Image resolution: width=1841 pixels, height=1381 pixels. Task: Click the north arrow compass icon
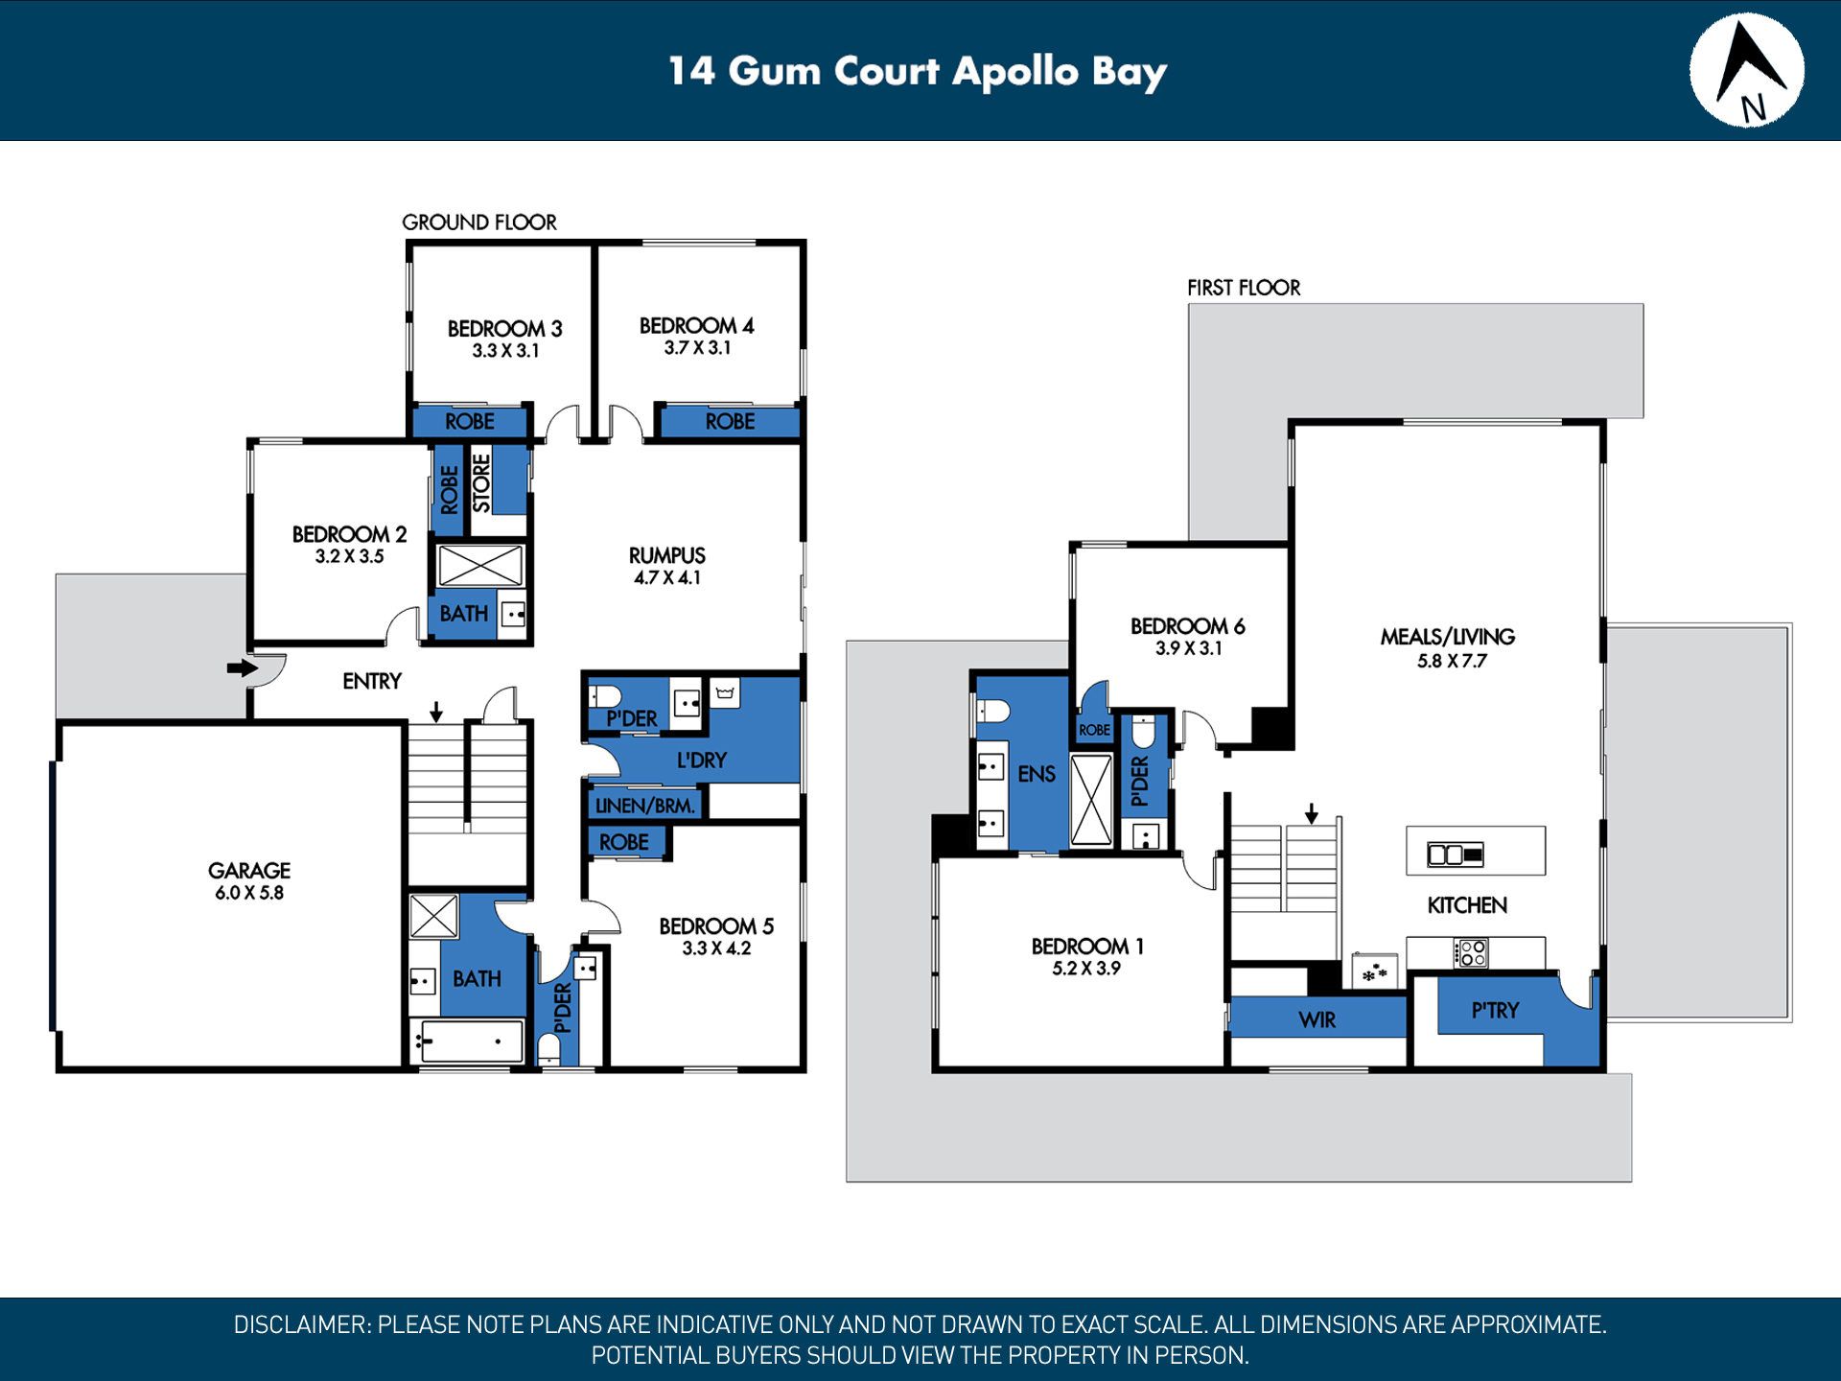click(x=1746, y=70)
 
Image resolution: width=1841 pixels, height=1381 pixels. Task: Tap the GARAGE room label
click(x=249, y=870)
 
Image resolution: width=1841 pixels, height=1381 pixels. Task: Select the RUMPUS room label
click(x=667, y=555)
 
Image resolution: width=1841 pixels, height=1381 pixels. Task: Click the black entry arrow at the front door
click(x=243, y=667)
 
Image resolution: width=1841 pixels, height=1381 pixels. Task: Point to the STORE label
click(x=481, y=483)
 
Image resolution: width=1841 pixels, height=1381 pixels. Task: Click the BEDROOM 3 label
click(x=505, y=328)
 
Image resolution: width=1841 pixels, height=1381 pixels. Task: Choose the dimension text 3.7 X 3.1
click(x=698, y=348)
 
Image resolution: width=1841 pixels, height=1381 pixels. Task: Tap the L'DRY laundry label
click(x=702, y=761)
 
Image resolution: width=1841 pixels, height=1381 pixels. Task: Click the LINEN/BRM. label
click(x=644, y=806)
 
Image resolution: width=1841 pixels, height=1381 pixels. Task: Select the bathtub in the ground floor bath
click(x=467, y=1041)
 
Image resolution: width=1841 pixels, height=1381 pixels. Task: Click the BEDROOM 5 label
click(x=716, y=925)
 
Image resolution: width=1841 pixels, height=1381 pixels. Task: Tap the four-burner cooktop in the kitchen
click(x=1471, y=953)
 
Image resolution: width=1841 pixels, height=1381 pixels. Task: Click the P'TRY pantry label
click(x=1496, y=1010)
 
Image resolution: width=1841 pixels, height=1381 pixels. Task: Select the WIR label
click(x=1317, y=1019)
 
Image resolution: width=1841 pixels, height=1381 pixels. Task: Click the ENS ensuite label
click(x=1037, y=774)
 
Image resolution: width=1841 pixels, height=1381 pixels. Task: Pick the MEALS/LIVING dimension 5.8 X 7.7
click(x=1452, y=661)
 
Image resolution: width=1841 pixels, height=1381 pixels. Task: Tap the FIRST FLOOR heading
click(x=1244, y=288)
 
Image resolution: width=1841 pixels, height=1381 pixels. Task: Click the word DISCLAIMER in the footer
click(x=301, y=1324)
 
